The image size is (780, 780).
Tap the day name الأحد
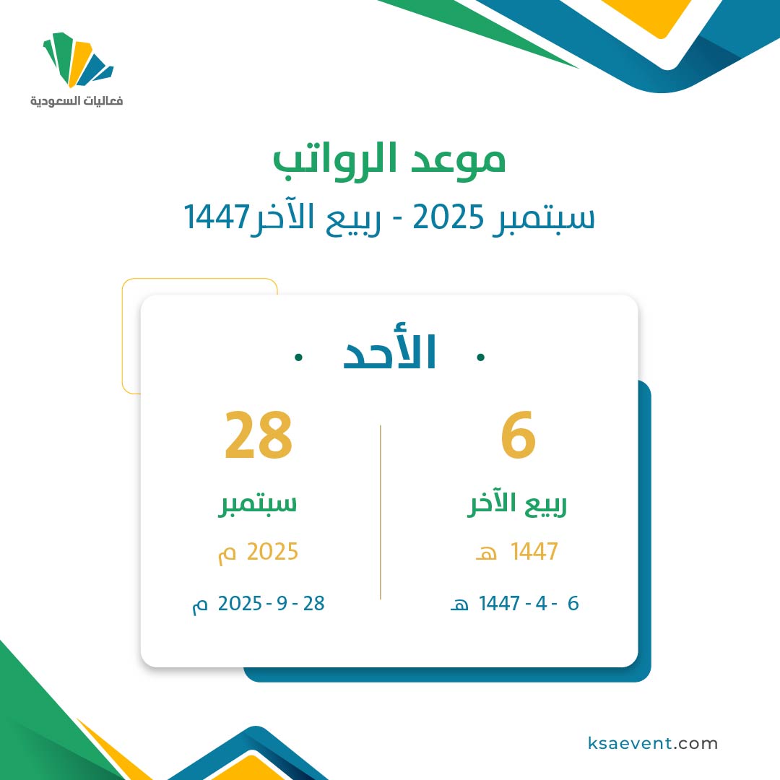pos(389,351)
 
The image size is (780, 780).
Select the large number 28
pos(258,435)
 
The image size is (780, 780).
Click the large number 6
pos(518,435)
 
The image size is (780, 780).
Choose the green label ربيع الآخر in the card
pos(517,504)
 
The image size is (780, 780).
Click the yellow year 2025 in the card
pos(272,552)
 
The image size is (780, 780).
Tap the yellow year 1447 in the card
pos(534,552)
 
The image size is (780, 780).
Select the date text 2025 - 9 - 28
pos(271,603)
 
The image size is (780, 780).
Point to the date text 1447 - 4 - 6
pos(529,603)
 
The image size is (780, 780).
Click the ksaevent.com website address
pos(653,743)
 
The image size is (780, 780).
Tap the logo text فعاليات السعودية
pos(77,101)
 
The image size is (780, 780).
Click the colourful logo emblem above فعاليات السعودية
pos(78,60)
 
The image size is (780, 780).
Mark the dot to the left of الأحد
pos(298,357)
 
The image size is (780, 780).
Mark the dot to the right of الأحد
pos(480,357)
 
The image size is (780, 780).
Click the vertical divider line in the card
pos(381,512)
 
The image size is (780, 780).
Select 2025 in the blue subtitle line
pos(448,217)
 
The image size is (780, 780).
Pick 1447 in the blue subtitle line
pos(217,217)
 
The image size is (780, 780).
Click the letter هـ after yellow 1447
pos(486,554)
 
